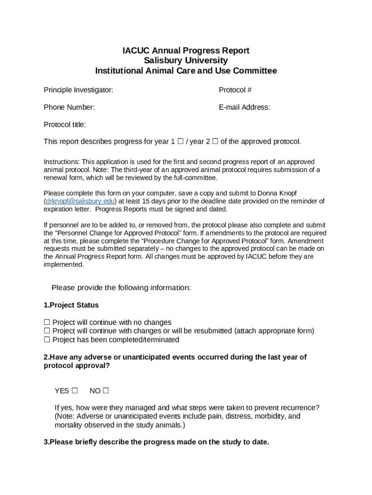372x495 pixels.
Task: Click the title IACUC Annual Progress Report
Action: pos(186,51)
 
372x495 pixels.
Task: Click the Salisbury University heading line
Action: pos(186,60)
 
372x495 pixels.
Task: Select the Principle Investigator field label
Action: pos(78,90)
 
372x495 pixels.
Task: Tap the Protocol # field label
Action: pos(235,90)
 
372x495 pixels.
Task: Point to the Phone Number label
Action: pos(69,107)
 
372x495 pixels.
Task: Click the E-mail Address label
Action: pos(244,107)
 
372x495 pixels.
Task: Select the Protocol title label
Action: pos(65,125)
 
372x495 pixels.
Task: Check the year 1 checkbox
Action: pos(180,141)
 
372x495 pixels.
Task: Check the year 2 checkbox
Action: pos(215,141)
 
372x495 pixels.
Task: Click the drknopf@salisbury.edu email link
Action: pos(80,201)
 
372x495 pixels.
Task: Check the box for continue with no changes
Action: pos(47,322)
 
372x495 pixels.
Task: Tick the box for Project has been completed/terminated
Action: pos(47,340)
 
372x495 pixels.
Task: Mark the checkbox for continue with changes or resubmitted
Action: pos(47,331)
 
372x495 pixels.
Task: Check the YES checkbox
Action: pos(74,391)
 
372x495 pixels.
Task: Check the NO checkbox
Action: pos(105,391)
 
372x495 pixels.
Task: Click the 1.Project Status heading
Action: pos(71,305)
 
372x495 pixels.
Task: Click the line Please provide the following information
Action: pos(121,288)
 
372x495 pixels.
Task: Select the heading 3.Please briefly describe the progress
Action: pos(156,442)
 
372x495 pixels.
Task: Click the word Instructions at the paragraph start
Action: pos(61,161)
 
